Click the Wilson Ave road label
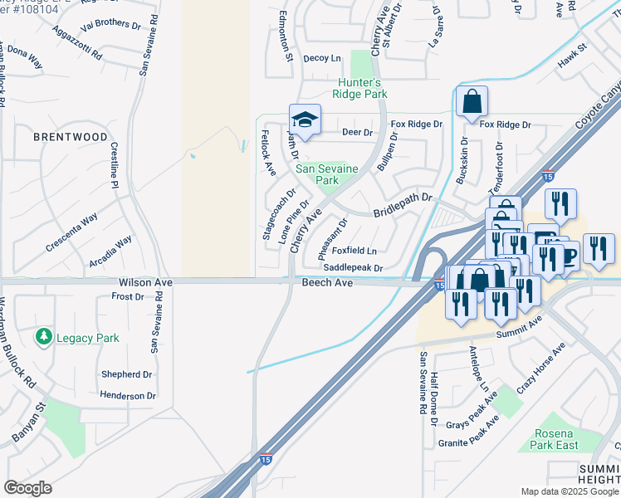(x=145, y=283)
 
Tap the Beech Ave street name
(x=327, y=283)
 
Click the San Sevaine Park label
(x=327, y=174)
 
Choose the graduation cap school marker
(x=305, y=120)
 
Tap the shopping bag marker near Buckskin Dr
(x=472, y=102)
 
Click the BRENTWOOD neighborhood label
(x=71, y=136)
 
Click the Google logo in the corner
(x=27, y=488)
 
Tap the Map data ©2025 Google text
(x=570, y=491)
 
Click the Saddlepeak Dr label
(x=353, y=268)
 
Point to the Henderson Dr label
(x=128, y=396)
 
